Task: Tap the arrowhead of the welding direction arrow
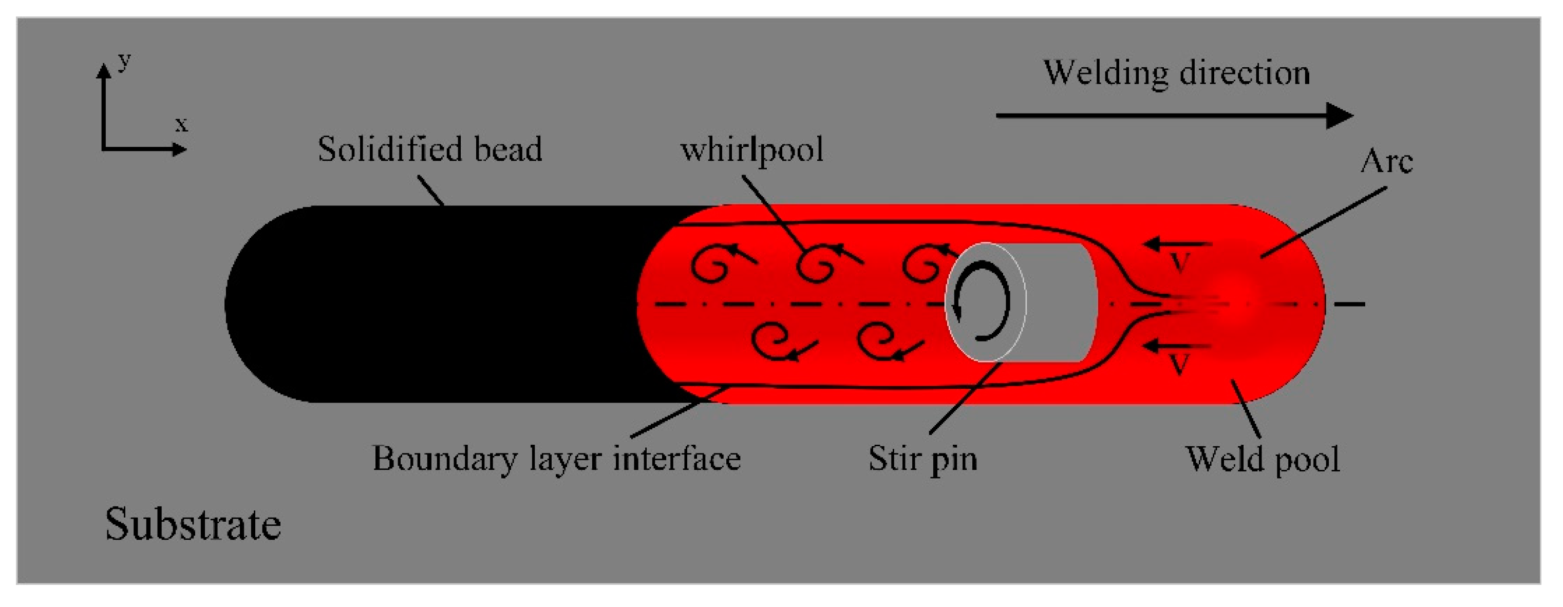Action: [x=1339, y=115]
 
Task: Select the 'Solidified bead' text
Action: [x=429, y=149]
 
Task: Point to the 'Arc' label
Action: [x=1386, y=161]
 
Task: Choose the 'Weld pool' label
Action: [x=1262, y=459]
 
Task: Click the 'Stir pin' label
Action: [x=922, y=459]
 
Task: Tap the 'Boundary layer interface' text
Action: [x=556, y=459]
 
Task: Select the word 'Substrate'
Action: [x=193, y=524]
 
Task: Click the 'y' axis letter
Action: [x=124, y=61]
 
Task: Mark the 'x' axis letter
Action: [x=181, y=124]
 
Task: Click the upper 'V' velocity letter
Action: [x=1179, y=262]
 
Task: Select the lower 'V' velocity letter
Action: [x=1179, y=364]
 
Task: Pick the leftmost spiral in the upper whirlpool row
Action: [x=711, y=265]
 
